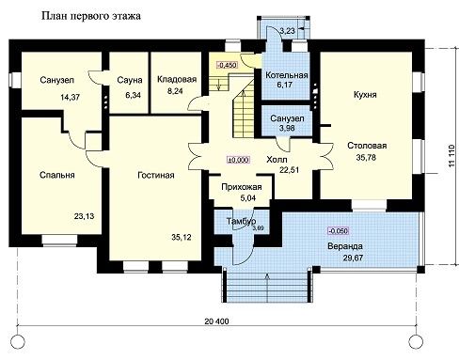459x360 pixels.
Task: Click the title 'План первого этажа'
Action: coord(91,16)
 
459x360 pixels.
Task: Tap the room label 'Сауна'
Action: coord(130,80)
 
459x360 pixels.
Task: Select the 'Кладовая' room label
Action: coord(177,79)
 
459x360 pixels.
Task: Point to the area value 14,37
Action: coord(71,97)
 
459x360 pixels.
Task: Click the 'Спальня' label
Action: coord(57,175)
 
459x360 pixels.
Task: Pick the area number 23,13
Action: coord(84,216)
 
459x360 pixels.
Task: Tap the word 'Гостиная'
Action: coord(156,175)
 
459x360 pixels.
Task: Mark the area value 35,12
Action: coord(182,237)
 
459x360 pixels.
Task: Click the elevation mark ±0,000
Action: coord(238,160)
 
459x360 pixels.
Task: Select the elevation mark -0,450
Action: coord(227,65)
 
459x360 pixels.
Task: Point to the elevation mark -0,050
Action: coord(338,231)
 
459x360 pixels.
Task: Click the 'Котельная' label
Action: coord(287,75)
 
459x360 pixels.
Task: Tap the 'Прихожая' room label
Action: coord(242,187)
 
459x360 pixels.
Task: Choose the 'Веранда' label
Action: coord(345,246)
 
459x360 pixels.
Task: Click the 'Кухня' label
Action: coord(365,95)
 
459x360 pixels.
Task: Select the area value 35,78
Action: coord(366,157)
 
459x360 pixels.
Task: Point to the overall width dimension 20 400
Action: coord(216,321)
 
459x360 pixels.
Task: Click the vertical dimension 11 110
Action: coord(451,155)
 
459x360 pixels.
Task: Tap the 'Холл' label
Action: coord(277,160)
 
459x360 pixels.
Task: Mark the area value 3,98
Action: coord(287,128)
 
